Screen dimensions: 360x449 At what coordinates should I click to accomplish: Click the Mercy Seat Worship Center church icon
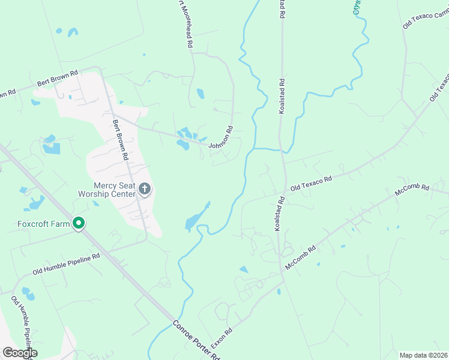(144, 190)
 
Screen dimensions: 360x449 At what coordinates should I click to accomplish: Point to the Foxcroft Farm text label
(36, 224)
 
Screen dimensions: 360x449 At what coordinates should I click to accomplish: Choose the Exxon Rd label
(221, 338)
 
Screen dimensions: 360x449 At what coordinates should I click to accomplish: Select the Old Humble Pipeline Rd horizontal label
(66, 263)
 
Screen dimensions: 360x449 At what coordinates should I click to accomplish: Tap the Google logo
(20, 353)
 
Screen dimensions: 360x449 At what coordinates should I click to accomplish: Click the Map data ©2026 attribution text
(423, 355)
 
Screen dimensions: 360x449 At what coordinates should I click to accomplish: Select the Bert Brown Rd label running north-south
(121, 139)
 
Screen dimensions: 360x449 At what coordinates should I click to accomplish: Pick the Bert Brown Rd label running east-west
(58, 78)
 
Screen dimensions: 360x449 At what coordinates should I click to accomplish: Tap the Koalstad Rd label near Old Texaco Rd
(278, 214)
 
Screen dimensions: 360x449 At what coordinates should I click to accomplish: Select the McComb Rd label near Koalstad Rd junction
(300, 257)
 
